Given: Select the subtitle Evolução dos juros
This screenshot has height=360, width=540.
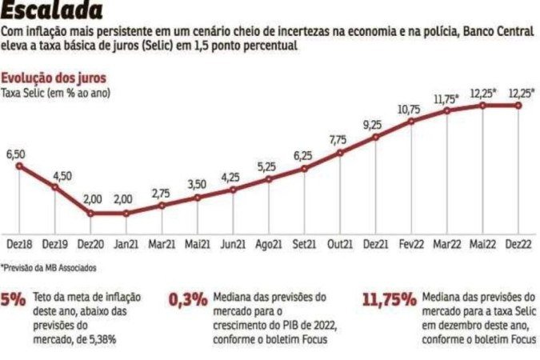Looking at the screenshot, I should coord(54,78).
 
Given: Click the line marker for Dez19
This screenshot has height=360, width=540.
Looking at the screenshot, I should coord(54,187).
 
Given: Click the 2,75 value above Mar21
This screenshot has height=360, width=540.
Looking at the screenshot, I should coord(162,193).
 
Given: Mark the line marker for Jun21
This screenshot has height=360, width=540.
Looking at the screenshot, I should coord(233,190).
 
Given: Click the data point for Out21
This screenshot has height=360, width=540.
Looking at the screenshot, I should coord(340,152).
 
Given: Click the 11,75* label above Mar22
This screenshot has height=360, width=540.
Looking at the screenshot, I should coord(446,98).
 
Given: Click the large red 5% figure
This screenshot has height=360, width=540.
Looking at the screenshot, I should coord(14,301).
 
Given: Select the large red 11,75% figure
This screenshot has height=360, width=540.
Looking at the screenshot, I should coord(389,301).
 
